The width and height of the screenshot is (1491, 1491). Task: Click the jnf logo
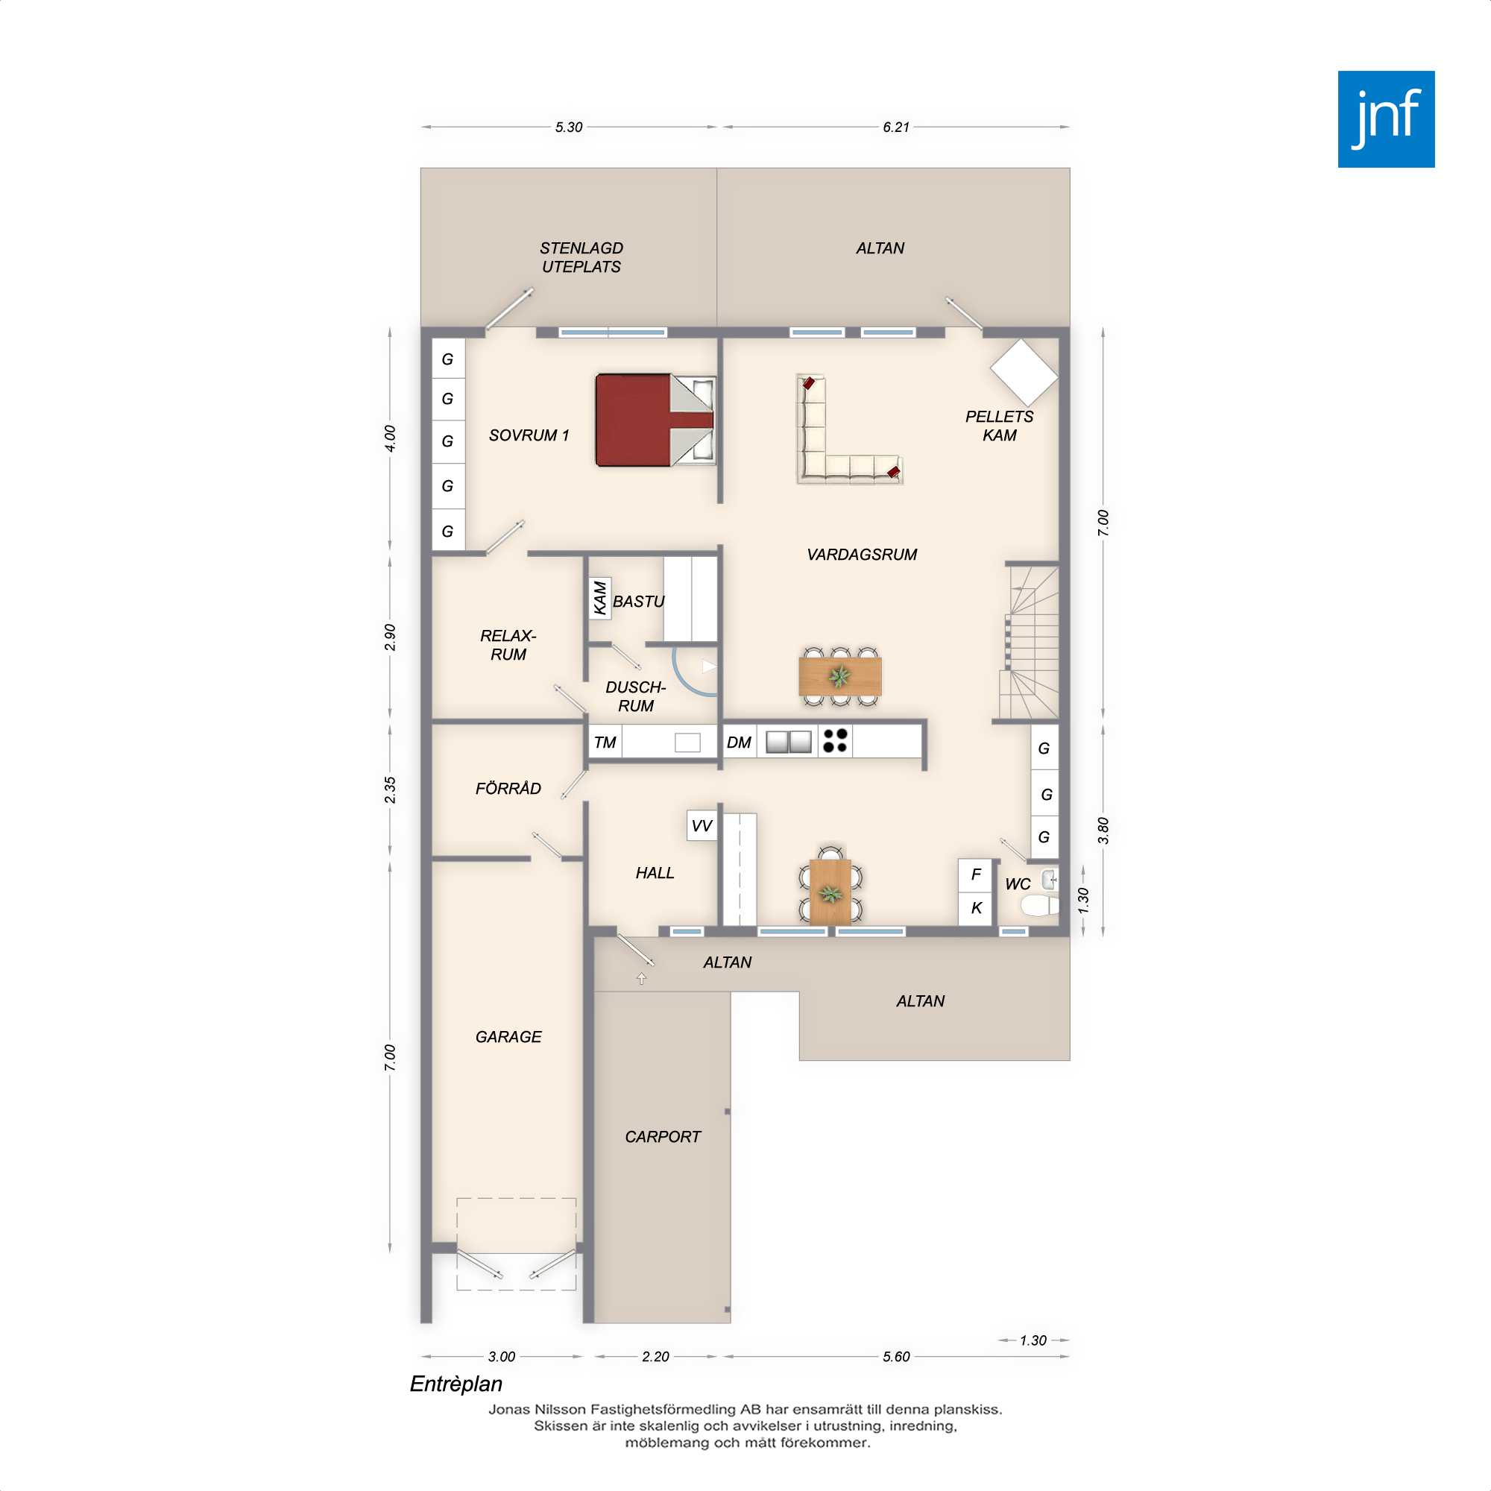pos(1386,119)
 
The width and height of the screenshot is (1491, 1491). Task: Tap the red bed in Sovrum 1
pos(655,420)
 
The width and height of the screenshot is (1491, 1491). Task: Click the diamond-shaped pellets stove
pos(1024,373)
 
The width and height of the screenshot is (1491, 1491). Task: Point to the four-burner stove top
pos(835,741)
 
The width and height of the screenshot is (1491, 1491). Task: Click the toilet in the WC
pos(1039,905)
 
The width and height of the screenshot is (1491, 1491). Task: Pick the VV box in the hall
pos(702,825)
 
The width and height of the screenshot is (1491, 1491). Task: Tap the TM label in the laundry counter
pos(605,743)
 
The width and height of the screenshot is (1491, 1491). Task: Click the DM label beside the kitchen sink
pos(739,743)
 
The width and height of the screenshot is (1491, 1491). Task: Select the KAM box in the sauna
pos(599,598)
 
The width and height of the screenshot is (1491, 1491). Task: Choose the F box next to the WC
pos(975,874)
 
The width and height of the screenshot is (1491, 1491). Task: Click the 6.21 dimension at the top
pos(896,127)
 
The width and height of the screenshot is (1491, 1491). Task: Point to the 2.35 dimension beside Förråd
pos(390,789)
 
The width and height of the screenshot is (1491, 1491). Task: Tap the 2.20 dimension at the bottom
pos(655,1356)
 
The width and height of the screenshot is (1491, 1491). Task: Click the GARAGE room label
pos(508,1036)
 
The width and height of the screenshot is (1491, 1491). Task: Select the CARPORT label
pos(662,1137)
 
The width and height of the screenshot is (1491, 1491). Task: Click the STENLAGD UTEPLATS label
pos(581,257)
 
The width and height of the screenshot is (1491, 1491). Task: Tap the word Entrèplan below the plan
pos(456,1384)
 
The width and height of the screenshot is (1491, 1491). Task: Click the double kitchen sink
pos(789,742)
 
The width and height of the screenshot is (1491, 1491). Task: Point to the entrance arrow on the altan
pos(641,979)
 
